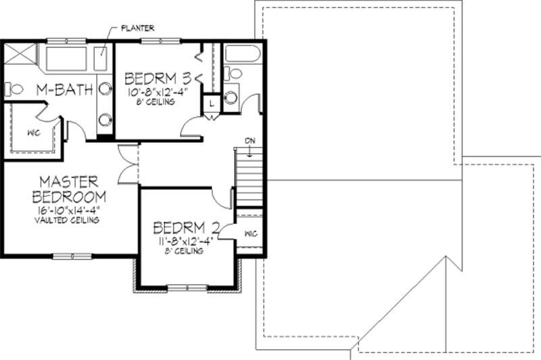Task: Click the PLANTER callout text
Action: click(138, 28)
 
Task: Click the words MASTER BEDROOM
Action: click(70, 189)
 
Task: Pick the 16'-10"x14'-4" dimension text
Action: click(70, 210)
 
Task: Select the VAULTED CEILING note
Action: click(70, 221)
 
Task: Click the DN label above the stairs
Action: click(250, 141)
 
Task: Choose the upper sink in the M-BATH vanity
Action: click(105, 88)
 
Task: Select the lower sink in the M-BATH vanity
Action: click(105, 120)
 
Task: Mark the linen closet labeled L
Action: click(212, 103)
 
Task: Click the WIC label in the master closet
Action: click(32, 133)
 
